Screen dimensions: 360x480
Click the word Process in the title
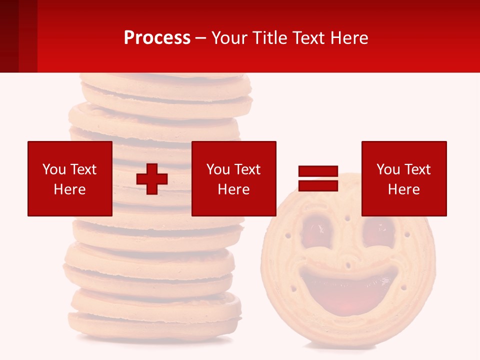[157, 38]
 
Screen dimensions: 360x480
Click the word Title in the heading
[268, 38]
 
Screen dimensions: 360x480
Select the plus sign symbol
[152, 179]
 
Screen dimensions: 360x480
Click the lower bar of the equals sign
[318, 186]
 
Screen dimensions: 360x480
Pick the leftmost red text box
[69, 178]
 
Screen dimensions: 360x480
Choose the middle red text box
[233, 178]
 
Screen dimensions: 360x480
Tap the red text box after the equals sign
[403, 178]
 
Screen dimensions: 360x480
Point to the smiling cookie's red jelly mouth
[349, 292]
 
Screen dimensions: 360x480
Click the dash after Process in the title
[200, 38]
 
